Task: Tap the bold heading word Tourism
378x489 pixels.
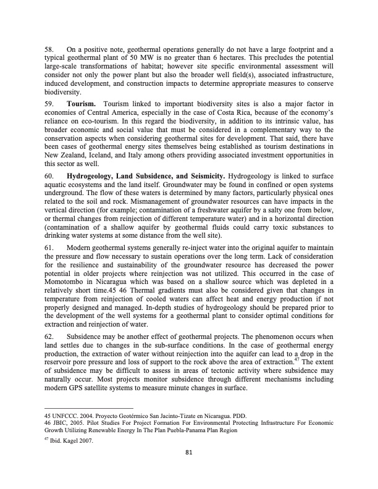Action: (x=80, y=103)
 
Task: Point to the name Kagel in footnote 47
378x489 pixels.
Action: (x=75, y=440)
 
